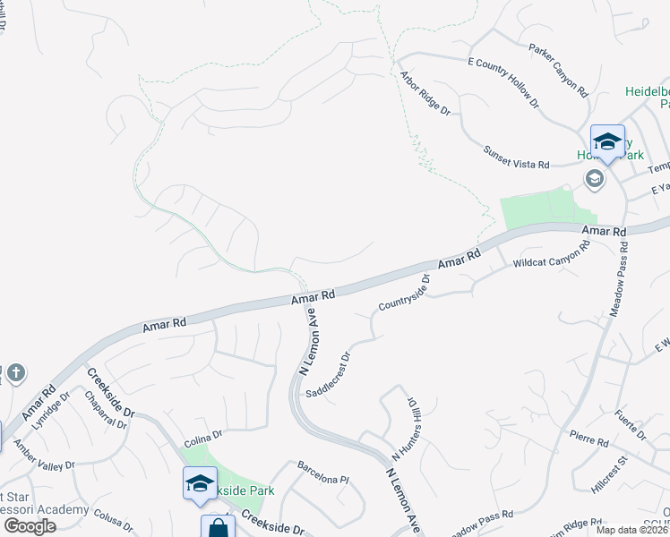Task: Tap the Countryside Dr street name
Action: pyautogui.click(x=404, y=293)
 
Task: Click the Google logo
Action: pyautogui.click(x=29, y=525)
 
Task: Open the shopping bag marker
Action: pyautogui.click(x=218, y=528)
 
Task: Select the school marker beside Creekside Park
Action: pyautogui.click(x=200, y=484)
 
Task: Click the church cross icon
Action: pyautogui.click(x=15, y=372)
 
